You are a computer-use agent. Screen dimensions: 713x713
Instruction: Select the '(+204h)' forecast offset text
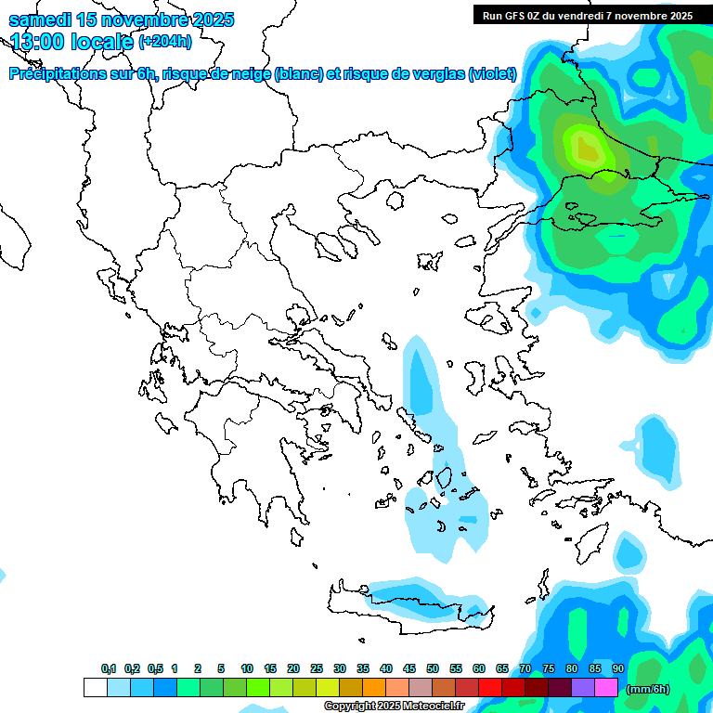pos(164,41)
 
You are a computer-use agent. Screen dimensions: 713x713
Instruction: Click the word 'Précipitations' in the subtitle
pos(56,74)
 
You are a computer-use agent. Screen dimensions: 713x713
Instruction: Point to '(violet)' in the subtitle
pos(492,74)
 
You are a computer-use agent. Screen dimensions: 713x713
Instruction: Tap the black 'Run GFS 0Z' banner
pos(587,15)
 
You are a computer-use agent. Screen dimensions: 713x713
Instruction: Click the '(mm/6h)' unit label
pos(648,688)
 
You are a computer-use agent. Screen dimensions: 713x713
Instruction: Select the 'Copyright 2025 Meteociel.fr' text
pos(393,707)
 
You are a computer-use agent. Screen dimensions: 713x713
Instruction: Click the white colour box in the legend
pos(95,687)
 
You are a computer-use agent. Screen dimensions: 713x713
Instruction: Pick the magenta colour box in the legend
pos(605,687)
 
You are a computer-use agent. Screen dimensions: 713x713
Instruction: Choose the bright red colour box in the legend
pos(489,687)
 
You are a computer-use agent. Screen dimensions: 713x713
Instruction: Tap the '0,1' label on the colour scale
pos(108,668)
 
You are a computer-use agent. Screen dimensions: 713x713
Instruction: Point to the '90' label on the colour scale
pos(617,668)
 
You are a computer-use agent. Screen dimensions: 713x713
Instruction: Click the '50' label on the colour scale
pos(432,668)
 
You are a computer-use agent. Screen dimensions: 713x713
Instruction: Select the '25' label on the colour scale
pos(317,668)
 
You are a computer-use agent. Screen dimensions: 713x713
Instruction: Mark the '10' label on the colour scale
pos(247,668)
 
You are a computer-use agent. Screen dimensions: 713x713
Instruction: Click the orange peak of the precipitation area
pos(587,147)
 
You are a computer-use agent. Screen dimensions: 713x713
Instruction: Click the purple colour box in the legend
pos(582,687)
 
